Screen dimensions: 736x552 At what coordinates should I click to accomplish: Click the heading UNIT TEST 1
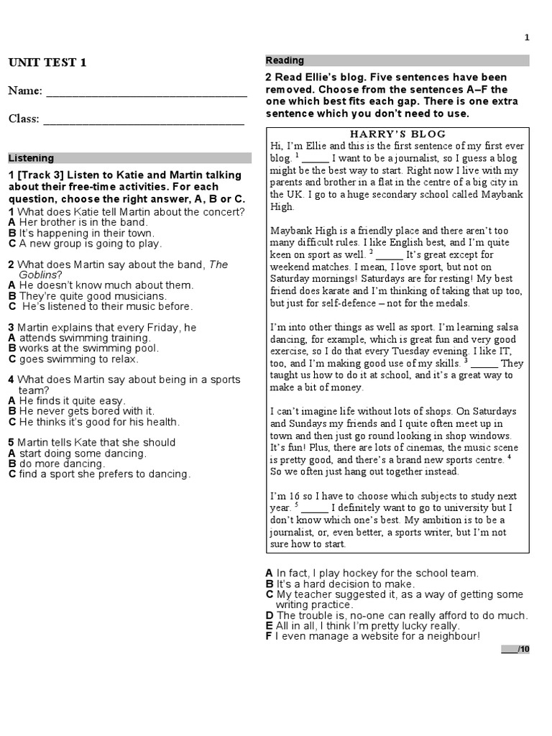(x=47, y=63)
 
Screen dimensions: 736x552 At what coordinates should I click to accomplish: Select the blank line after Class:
(x=144, y=120)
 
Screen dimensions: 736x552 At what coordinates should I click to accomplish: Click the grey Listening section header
(x=129, y=158)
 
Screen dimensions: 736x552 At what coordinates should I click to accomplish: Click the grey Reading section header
(x=397, y=61)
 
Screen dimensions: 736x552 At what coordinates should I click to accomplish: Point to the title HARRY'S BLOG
(x=397, y=134)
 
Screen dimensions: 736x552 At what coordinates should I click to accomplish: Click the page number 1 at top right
(x=527, y=37)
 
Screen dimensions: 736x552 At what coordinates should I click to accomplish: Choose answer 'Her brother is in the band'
(x=82, y=223)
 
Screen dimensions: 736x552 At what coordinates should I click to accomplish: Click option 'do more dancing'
(x=62, y=464)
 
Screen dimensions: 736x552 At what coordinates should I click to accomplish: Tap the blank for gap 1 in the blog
(x=316, y=157)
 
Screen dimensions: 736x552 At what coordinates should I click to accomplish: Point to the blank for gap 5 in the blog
(x=316, y=508)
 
